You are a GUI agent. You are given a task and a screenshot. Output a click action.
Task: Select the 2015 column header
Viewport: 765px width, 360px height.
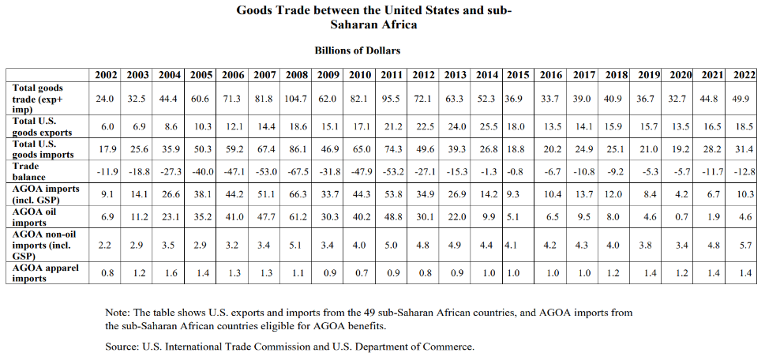click(518, 75)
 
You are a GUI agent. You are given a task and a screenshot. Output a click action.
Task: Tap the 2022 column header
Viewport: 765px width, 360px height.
click(741, 75)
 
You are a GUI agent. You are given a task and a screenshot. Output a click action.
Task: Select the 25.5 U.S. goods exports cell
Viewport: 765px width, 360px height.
click(487, 127)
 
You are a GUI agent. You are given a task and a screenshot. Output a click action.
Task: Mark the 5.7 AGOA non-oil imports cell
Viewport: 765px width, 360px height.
click(741, 245)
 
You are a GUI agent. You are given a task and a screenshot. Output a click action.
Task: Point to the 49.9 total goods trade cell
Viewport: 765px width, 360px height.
click(741, 99)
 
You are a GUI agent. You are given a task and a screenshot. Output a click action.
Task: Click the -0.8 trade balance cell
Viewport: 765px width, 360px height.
click(518, 171)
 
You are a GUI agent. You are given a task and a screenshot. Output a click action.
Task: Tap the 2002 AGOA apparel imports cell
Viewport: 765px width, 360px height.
click(106, 273)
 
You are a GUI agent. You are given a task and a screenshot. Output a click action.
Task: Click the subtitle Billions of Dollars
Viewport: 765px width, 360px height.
click(357, 51)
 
